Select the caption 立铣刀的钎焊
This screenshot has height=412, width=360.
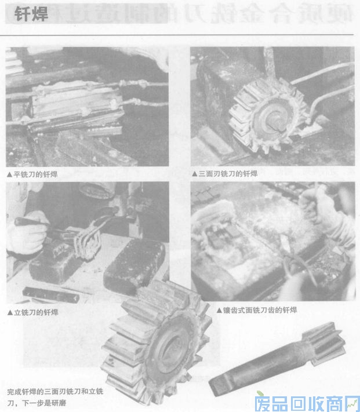click(x=36, y=312)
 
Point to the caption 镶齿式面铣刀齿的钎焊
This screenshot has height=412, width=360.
click(x=259, y=310)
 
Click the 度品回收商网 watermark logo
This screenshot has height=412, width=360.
click(x=307, y=400)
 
